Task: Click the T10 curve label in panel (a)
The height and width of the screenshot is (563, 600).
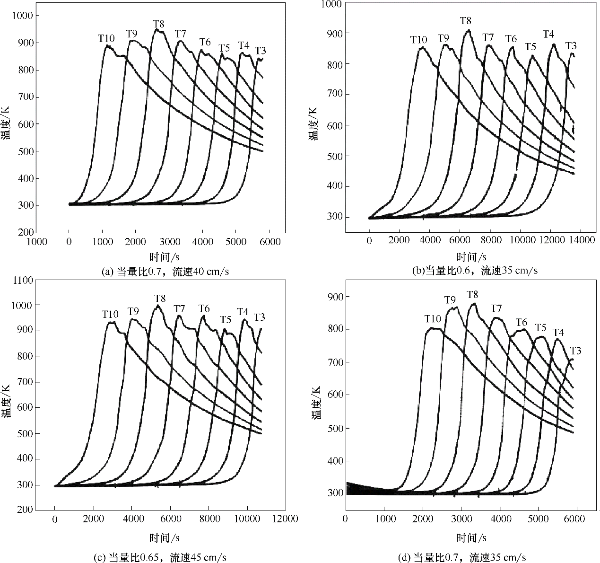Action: point(106,38)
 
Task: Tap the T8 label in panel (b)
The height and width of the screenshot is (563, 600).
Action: point(466,21)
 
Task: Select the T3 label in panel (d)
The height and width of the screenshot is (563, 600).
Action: point(575,351)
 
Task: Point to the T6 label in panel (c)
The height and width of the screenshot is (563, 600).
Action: point(204,309)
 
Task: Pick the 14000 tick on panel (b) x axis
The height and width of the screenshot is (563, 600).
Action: point(581,240)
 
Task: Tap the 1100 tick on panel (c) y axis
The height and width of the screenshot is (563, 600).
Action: point(24,280)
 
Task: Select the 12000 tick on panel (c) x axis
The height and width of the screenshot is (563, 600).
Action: point(285,519)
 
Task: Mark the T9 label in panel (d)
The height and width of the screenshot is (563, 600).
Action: point(450,299)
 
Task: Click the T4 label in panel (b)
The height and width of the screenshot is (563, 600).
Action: point(548,34)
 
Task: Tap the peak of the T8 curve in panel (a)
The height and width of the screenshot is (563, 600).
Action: point(157,30)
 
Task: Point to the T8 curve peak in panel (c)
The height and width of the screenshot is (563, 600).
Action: point(158,306)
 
